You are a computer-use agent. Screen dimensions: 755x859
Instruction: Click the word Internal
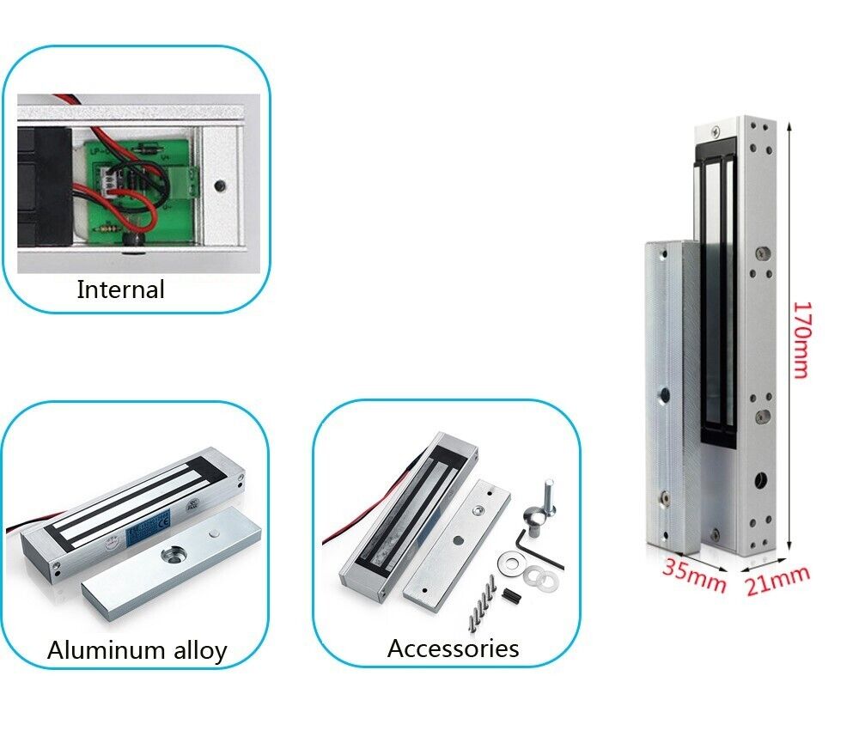coord(120,289)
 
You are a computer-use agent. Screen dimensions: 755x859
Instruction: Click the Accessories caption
coord(453,648)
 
